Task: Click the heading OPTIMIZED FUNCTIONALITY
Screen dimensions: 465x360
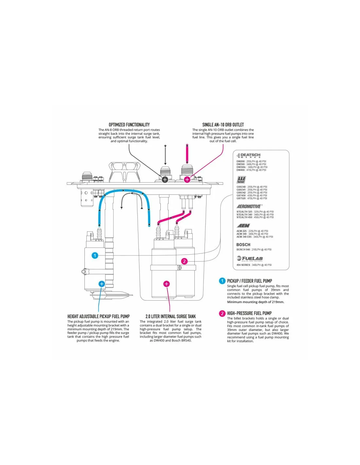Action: [x=129, y=125]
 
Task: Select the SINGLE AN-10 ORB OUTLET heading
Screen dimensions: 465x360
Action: [x=223, y=125]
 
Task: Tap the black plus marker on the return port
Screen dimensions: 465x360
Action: [x=165, y=179]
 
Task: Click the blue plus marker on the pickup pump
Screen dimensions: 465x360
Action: [x=102, y=284]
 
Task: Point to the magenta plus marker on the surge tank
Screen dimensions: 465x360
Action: [x=167, y=284]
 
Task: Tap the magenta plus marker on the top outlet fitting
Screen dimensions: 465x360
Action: [x=187, y=179]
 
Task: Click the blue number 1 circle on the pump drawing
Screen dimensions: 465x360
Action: [x=95, y=255]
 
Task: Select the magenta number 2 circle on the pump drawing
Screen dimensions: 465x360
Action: [x=185, y=261]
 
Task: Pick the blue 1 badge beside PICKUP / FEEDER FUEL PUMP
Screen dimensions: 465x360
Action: [x=222, y=281]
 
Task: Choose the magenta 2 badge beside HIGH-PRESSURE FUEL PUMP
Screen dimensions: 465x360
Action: [x=222, y=313]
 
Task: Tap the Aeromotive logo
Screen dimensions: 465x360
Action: [x=249, y=207]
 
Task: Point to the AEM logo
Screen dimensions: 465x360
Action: [x=243, y=226]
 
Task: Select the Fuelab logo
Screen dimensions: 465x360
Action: [x=250, y=259]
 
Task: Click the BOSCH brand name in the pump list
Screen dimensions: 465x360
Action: [x=243, y=245]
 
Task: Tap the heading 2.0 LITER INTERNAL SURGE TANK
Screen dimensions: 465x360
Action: [x=171, y=317]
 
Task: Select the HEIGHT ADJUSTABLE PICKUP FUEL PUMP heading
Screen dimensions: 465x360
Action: [x=99, y=317]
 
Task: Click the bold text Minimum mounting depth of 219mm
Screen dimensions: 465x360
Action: [x=256, y=302]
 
